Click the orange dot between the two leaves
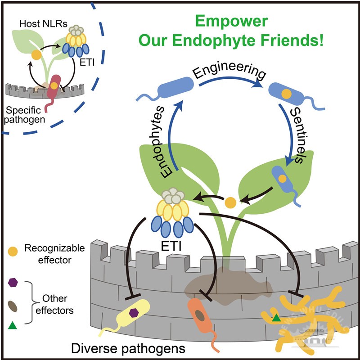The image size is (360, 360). pyautogui.click(x=230, y=202)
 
